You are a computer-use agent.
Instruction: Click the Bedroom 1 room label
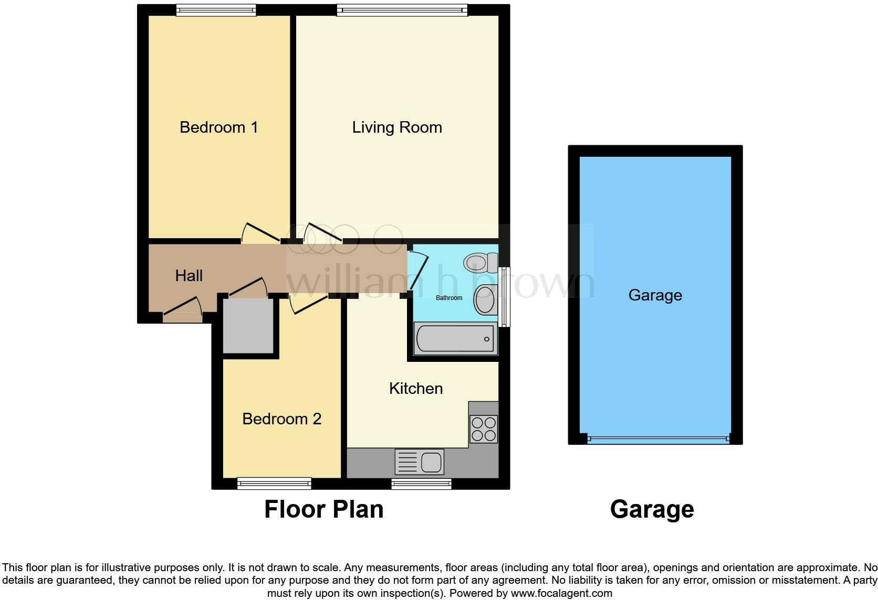point(218,127)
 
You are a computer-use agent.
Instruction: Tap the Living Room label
point(397,127)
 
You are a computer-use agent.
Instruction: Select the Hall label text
point(189,276)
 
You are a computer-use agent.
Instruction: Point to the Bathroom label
point(449,298)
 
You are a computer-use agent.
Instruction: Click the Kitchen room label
point(416,389)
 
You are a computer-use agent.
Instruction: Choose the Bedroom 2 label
point(281,419)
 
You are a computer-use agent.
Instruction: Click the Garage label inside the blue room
point(655,295)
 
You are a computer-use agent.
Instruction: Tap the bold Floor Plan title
point(323,509)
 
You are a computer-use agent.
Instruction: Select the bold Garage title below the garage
point(652,509)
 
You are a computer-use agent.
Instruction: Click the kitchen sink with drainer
point(419,462)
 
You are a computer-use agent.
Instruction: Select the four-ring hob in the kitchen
point(483,428)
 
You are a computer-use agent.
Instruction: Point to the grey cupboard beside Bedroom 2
point(248,326)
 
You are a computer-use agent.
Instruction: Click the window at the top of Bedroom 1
point(216,10)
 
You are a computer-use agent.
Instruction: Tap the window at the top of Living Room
point(402,10)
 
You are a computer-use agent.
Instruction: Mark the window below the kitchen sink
point(421,484)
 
